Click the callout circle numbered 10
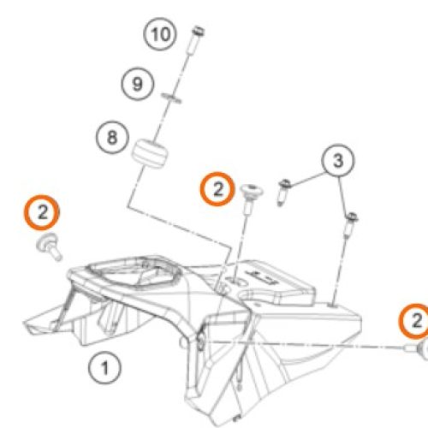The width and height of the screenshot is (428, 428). point(158,35)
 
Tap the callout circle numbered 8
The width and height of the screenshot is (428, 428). point(113,137)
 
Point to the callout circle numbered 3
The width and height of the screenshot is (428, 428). point(337,160)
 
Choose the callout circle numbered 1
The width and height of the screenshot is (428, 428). point(104,370)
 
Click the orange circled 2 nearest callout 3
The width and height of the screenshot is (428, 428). point(218,189)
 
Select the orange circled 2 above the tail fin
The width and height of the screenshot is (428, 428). point(43,211)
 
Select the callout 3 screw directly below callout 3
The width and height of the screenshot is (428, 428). point(350,224)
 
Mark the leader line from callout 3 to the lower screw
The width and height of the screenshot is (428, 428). point(345,193)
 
